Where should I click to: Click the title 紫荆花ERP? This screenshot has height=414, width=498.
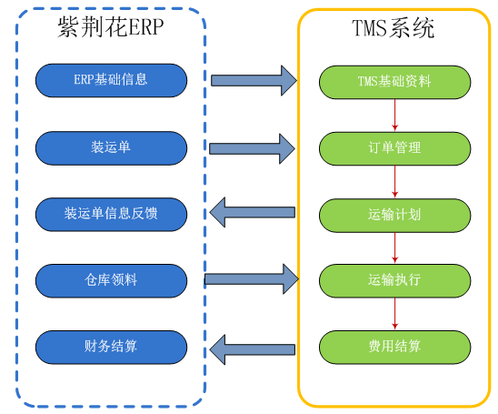[x=111, y=27]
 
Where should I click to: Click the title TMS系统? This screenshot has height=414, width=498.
[x=393, y=28]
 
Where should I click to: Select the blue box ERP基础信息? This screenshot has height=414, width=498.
[x=111, y=80]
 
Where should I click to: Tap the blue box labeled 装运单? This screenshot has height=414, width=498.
[x=111, y=146]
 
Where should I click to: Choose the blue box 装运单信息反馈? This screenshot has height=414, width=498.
[x=111, y=214]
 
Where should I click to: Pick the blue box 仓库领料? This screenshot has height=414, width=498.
[x=111, y=279]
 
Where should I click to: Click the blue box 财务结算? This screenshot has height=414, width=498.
[x=111, y=346]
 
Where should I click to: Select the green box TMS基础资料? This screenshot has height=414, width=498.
[x=394, y=81]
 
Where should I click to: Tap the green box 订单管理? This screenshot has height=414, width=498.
[x=394, y=147]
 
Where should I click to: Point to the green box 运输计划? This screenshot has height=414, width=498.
[x=394, y=215]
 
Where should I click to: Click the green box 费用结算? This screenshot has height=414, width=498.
[x=394, y=347]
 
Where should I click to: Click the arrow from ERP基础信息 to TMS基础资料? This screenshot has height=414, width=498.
[x=254, y=80]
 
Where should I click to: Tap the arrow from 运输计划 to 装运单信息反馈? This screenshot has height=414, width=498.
[x=253, y=214]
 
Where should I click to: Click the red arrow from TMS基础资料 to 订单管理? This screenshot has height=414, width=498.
[x=394, y=114]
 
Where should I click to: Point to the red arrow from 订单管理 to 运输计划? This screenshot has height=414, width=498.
[x=394, y=181]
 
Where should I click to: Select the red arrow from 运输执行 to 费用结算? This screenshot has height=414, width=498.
[x=394, y=313]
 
